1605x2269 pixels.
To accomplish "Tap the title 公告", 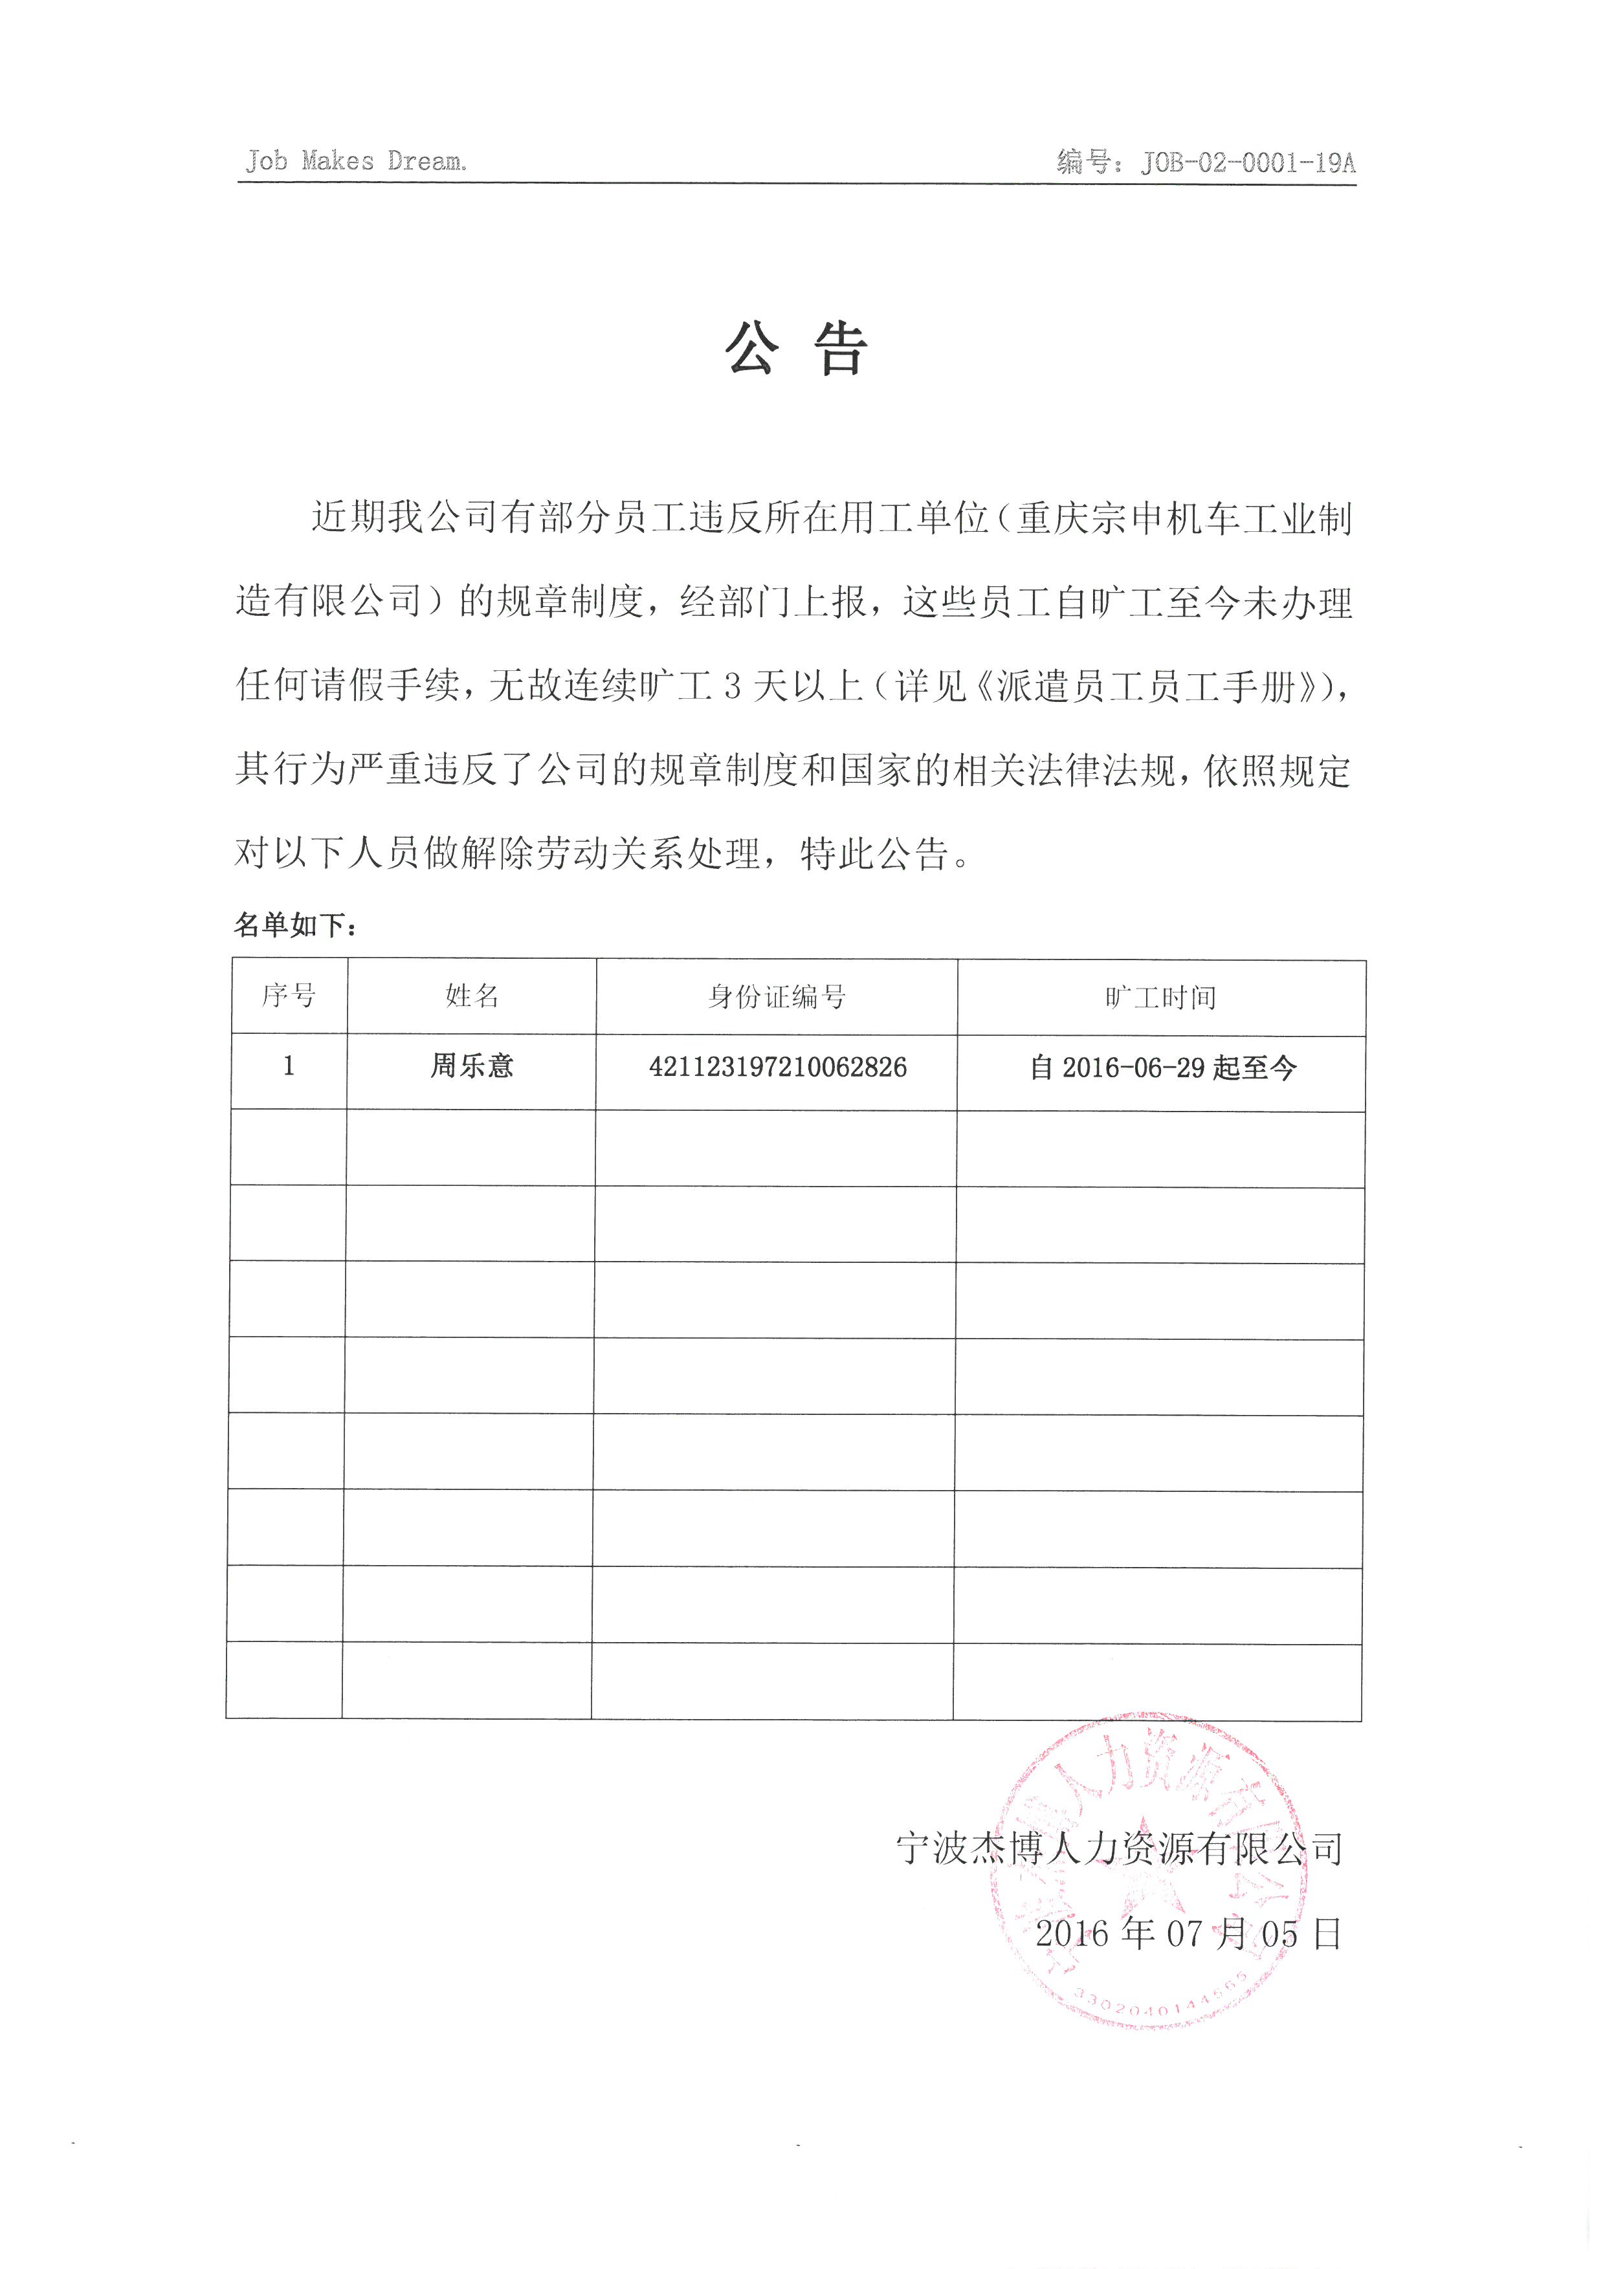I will tap(797, 349).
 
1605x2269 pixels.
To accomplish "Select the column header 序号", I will tap(289, 996).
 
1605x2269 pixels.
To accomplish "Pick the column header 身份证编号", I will tap(777, 997).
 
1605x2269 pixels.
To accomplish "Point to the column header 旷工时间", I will tap(1160, 998).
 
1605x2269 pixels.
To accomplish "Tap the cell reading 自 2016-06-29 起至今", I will tap(1162, 1068).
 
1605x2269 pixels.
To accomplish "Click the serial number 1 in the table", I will tap(289, 1066).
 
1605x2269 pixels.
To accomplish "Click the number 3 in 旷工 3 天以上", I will tap(733, 686).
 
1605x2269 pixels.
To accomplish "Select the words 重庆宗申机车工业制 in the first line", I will tap(1184, 518).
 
